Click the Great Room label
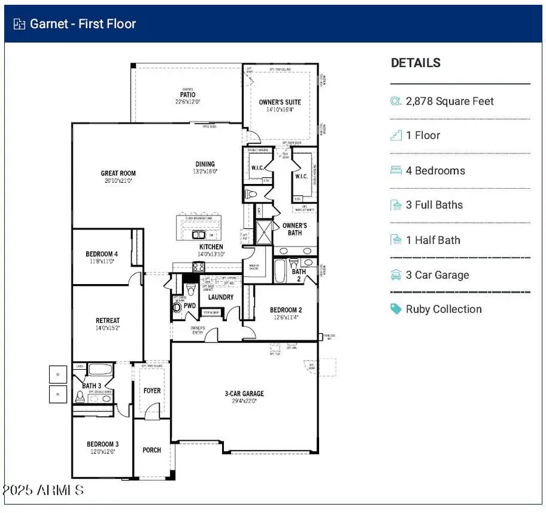click(x=118, y=174)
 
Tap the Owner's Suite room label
click(x=280, y=102)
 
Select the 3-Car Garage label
click(x=244, y=393)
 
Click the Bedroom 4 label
click(x=102, y=254)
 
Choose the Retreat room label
click(x=107, y=321)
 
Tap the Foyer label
click(x=152, y=390)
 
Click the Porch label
click(x=152, y=450)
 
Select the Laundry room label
click(x=220, y=297)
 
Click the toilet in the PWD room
click(x=177, y=307)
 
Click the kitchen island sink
click(x=198, y=234)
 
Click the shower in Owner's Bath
click(x=264, y=231)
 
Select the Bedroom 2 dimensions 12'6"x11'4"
click(x=286, y=316)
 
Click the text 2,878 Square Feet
click(x=450, y=101)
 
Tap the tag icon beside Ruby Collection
click(x=396, y=309)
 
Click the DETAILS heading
click(x=416, y=63)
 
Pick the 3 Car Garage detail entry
click(x=437, y=275)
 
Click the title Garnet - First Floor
click(x=84, y=24)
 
